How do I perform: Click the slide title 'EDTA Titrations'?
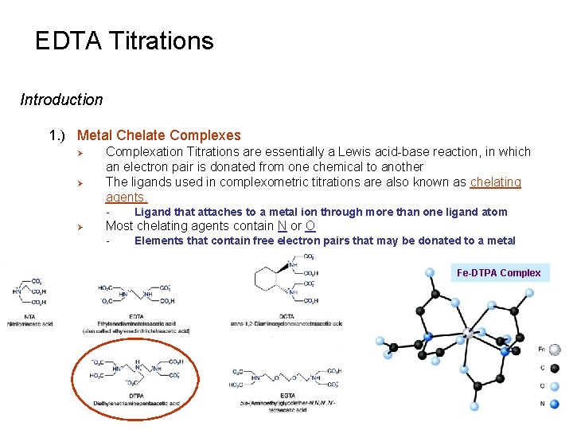tap(124, 41)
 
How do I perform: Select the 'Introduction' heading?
tap(61, 100)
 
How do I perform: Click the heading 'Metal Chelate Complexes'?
tap(158, 136)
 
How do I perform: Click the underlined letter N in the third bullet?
tap(282, 226)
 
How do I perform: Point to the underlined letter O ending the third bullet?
tap(310, 226)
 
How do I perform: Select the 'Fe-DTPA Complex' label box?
tap(498, 272)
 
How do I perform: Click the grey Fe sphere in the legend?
tap(555, 349)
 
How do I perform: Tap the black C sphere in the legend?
tap(555, 368)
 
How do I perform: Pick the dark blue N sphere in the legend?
tap(555, 404)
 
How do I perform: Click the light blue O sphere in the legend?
tap(555, 386)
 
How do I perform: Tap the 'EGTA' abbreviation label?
tap(287, 395)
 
